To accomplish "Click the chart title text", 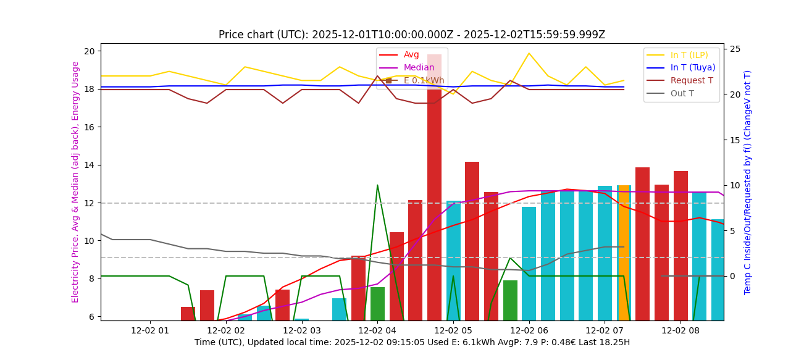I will click(412, 35).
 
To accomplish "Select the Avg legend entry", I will click(411, 55).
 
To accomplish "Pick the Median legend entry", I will click(419, 67).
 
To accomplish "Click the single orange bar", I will click(624, 253).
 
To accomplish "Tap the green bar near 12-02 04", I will click(377, 303).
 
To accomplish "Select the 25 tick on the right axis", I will click(734, 49).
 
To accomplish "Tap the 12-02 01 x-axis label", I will click(149, 330).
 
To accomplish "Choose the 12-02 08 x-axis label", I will click(680, 330).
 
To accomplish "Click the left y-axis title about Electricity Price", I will click(75, 182).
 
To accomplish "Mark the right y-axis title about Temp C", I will click(748, 182).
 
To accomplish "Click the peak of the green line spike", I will click(377, 185).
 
